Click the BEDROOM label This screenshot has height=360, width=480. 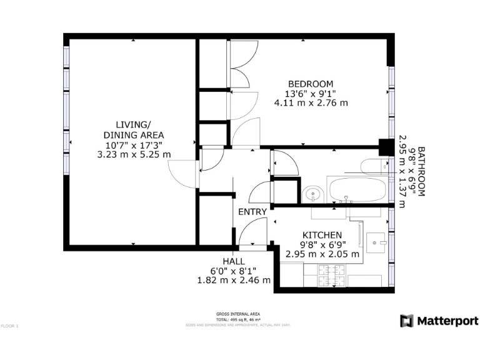coord(311,84)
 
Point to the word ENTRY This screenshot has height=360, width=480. coord(252,212)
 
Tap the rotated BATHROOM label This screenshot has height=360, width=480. coord(421,172)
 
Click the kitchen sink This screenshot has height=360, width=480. coord(377,240)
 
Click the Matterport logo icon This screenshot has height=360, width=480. coord(406,321)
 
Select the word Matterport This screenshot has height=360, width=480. coord(447,321)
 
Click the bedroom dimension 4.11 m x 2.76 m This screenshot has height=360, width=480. coord(311,103)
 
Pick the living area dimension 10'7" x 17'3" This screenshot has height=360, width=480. coord(133,145)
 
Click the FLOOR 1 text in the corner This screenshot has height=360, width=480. coord(10,326)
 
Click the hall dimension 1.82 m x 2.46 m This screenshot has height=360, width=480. coord(234,281)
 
